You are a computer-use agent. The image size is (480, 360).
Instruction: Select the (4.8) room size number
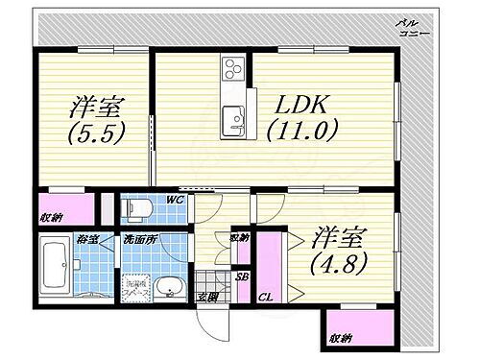(x=342, y=256)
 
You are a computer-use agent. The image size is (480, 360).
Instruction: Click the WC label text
(x=175, y=200)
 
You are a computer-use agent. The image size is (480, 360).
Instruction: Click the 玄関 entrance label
(x=207, y=297)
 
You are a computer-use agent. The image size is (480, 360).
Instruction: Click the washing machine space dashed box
(x=134, y=288)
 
